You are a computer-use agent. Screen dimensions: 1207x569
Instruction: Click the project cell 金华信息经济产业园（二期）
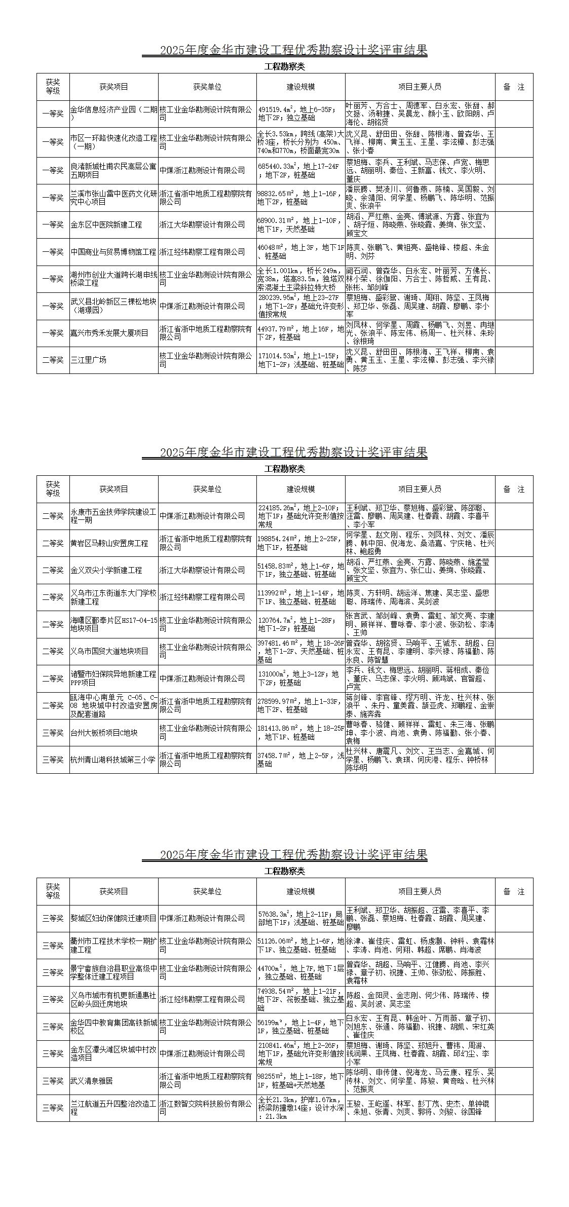[114, 114]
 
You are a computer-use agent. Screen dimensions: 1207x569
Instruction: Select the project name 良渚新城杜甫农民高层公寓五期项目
[114, 171]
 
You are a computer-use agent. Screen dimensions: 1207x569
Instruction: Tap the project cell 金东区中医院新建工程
[114, 224]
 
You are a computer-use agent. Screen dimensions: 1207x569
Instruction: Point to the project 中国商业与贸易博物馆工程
[114, 252]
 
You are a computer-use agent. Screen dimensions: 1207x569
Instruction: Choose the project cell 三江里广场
[114, 360]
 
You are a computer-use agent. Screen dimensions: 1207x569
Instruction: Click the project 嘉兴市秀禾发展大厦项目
[114, 333]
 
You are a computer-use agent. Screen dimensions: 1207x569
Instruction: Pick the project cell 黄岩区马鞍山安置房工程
[114, 543]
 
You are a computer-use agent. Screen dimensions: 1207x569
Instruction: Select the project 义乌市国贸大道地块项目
[114, 651]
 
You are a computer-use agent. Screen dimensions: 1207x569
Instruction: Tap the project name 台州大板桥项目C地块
[114, 733]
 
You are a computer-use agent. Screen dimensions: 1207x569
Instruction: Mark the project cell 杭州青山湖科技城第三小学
[114, 760]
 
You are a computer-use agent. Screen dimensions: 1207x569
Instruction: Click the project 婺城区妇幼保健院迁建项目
[114, 918]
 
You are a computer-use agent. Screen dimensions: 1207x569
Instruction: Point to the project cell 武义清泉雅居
[114, 1081]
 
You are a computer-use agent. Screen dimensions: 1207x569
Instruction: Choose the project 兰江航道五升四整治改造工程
[114, 1108]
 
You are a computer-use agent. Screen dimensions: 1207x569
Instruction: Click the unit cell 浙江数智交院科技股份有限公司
[207, 1108]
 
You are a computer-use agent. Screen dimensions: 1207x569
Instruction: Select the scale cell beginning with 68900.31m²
[301, 224]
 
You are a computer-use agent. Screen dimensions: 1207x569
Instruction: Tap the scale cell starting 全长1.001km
[301, 279]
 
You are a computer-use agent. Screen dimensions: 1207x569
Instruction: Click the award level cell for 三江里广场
[53, 360]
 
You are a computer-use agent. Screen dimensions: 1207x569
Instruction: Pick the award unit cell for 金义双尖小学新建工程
[207, 570]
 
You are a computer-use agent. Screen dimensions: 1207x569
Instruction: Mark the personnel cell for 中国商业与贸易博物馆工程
[420, 252]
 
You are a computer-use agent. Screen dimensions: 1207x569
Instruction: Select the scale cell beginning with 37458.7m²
[301, 760]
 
